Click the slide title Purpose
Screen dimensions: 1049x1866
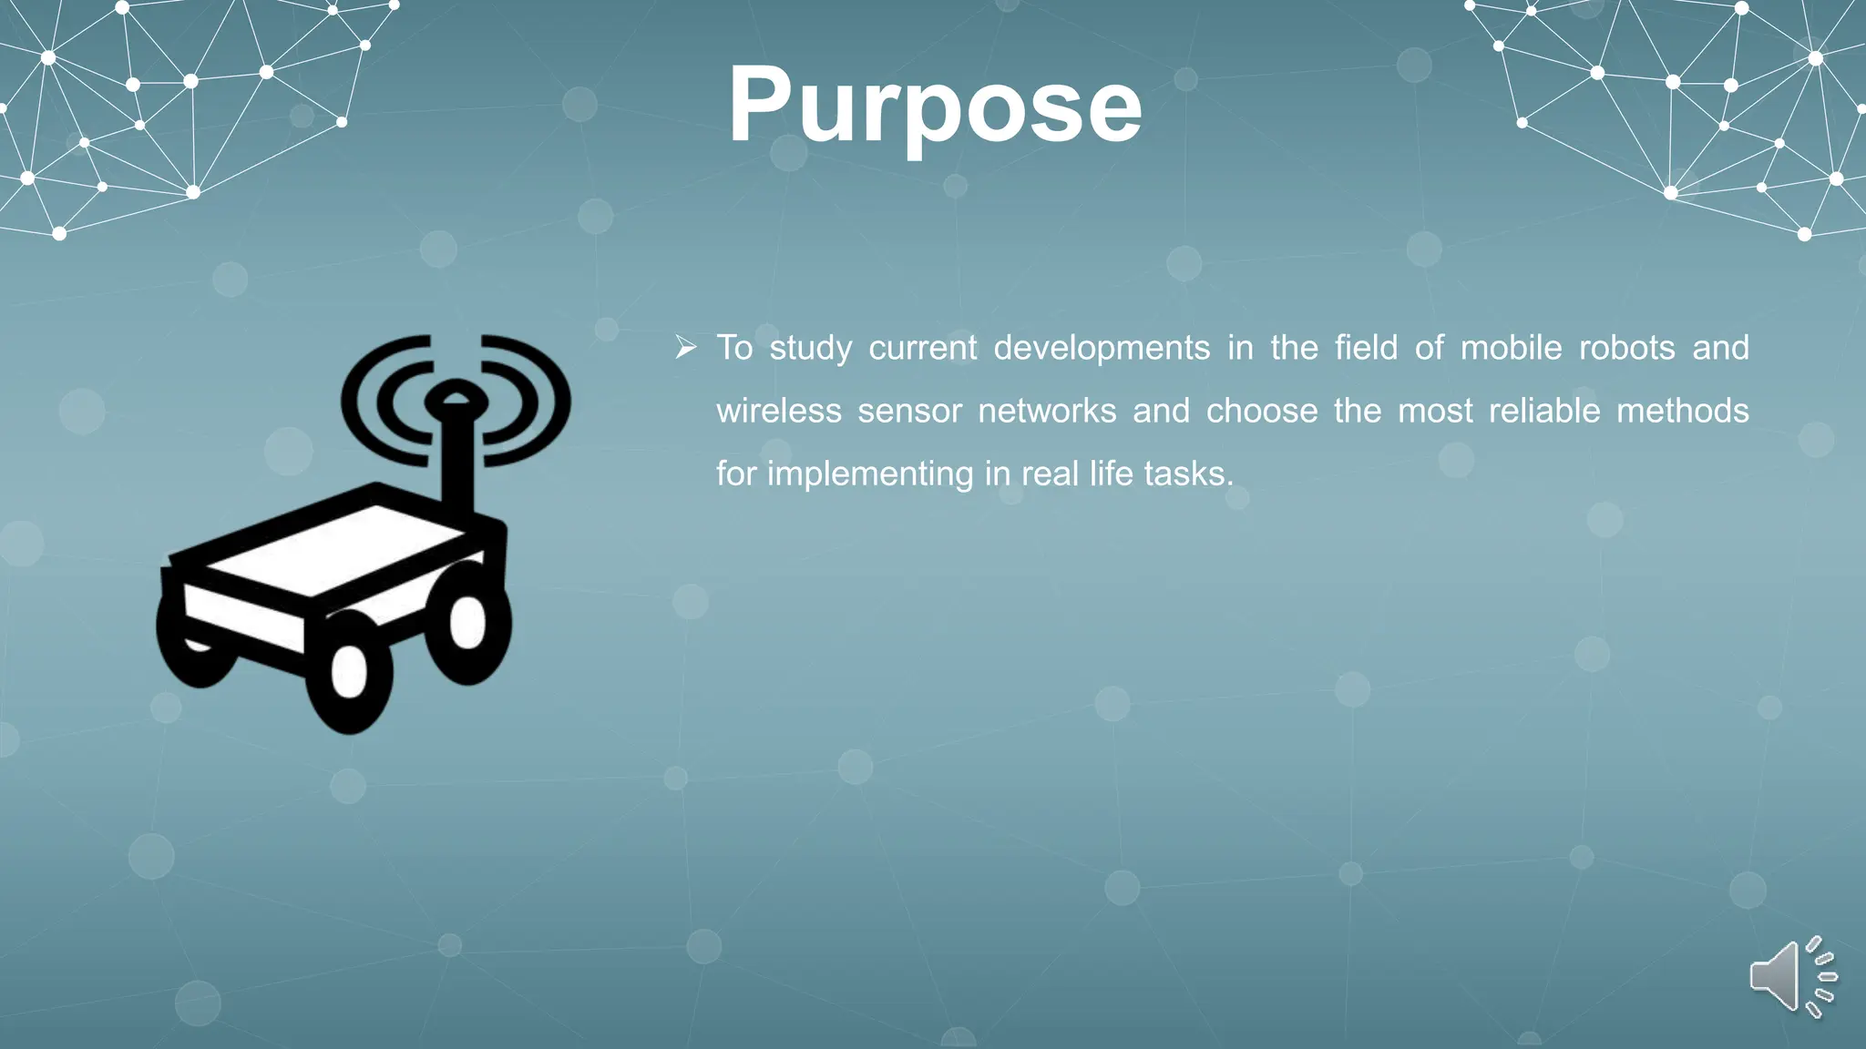935,106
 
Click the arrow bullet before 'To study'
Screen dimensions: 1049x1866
686,347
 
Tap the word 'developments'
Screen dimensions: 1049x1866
1102,348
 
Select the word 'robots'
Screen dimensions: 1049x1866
1626,348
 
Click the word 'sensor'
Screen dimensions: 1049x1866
909,411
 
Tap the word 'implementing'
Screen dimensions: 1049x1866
869,474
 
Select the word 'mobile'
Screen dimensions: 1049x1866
1511,348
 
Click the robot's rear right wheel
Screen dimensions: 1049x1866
467,622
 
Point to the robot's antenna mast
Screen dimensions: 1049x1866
456,464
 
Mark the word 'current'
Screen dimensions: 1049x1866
922,348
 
